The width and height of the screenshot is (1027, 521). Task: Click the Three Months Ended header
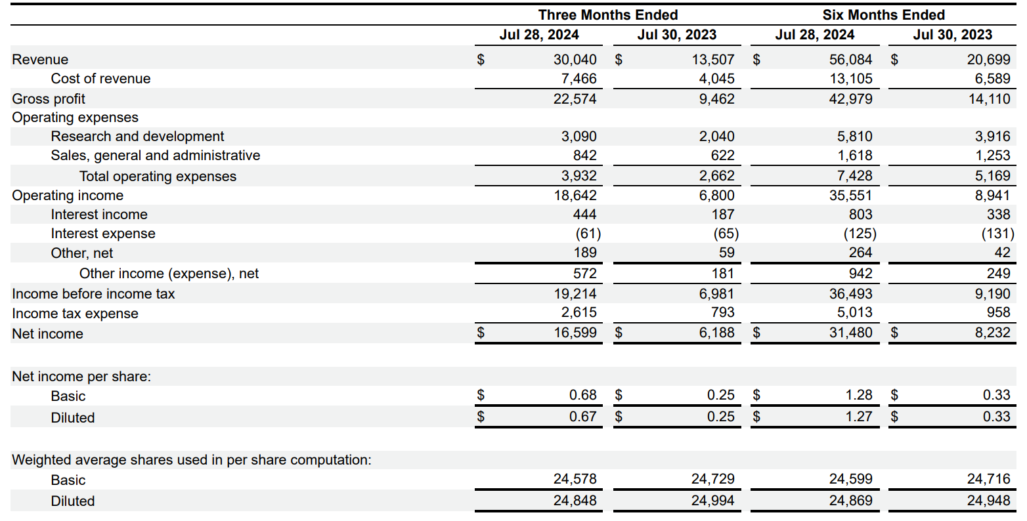coord(607,14)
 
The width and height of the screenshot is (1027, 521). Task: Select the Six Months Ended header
coord(883,14)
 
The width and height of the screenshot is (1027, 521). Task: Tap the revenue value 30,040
coord(575,60)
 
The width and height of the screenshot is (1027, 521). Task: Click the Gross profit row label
coord(49,98)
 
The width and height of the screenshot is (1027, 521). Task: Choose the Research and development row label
coord(137,136)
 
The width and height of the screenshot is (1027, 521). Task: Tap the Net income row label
coord(47,333)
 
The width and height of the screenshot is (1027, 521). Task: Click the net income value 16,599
coord(575,333)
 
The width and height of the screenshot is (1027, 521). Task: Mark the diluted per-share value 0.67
coord(582,416)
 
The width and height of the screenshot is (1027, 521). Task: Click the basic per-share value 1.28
coord(858,395)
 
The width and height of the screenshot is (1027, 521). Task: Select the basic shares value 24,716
coord(988,479)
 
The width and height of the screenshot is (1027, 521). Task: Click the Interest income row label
coord(99,214)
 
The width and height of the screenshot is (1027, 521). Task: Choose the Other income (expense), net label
coord(169,273)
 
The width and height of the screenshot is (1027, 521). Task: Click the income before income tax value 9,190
coord(992,293)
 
